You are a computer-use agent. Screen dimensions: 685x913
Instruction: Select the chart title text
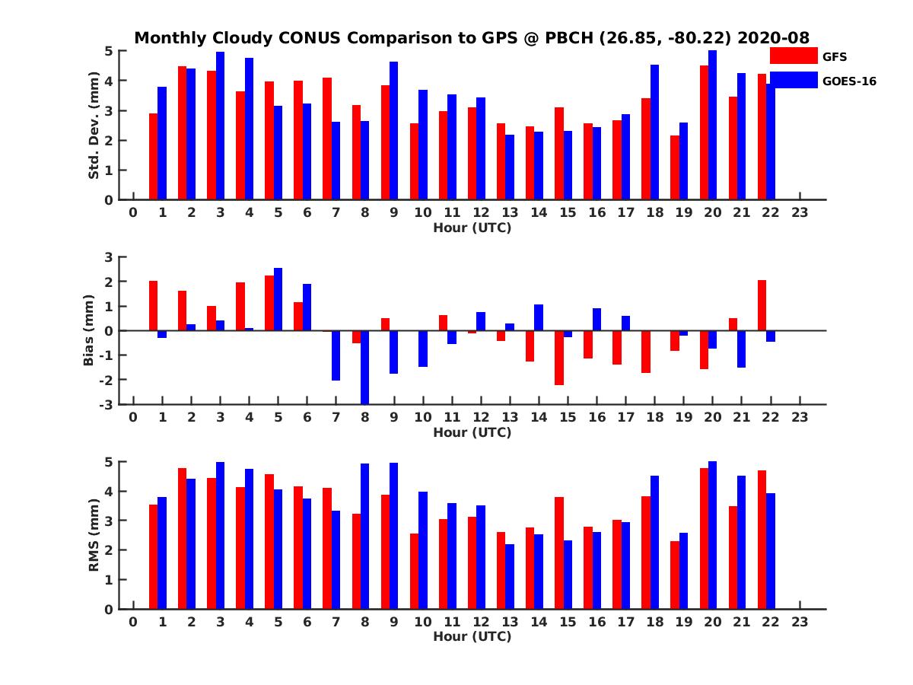pos(472,37)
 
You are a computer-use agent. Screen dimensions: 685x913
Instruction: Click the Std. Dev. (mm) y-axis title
pos(94,126)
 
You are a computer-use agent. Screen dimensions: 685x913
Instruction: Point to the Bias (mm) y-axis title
pos(88,330)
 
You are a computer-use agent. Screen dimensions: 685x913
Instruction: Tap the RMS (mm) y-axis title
pos(94,535)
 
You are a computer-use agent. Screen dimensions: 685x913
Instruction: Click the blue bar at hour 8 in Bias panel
pos(365,367)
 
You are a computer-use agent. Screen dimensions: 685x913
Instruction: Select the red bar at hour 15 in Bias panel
pos(558,358)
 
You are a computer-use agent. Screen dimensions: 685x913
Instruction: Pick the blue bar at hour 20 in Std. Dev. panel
pos(713,125)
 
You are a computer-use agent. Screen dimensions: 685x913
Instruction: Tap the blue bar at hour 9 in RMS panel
pos(394,536)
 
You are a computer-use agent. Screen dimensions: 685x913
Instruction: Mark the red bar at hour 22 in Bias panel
pos(762,305)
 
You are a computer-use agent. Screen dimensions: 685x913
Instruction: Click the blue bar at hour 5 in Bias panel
pos(278,299)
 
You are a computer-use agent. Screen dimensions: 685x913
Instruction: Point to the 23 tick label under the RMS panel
pos(800,622)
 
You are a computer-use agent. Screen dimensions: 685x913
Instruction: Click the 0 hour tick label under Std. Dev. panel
pos(133,213)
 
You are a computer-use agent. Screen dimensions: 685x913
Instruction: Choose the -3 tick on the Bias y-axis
pos(107,404)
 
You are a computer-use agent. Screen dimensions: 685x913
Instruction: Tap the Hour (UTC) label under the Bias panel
pos(472,432)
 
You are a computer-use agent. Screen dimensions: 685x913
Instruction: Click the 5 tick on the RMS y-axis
pos(109,462)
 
